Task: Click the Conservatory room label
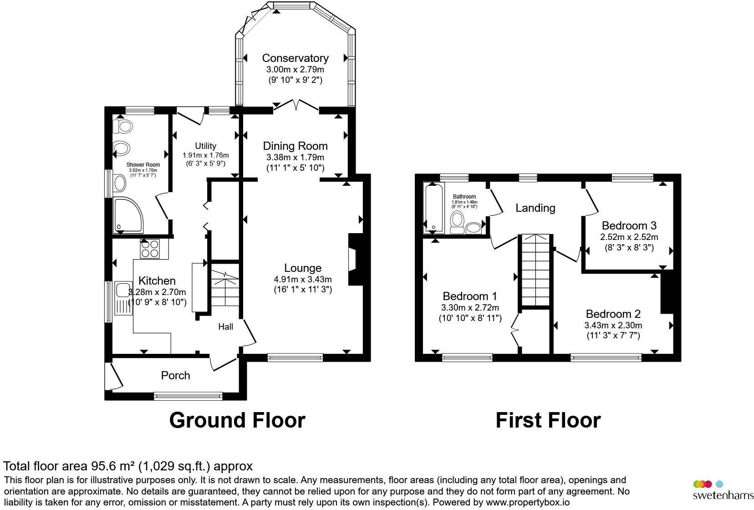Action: (x=295, y=58)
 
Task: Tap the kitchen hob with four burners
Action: (x=150, y=249)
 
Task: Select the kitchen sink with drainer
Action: (x=123, y=298)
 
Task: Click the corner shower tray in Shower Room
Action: (x=128, y=215)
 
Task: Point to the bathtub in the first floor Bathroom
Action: (x=434, y=208)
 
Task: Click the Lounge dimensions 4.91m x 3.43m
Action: (x=303, y=280)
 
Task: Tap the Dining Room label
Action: (x=295, y=146)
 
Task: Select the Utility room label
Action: (x=206, y=146)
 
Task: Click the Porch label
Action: (x=175, y=375)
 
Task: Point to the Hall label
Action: (x=225, y=326)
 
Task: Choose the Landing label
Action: (x=535, y=208)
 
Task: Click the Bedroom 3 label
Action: (x=629, y=225)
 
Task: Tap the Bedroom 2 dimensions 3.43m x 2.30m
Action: (x=613, y=326)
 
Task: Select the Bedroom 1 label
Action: (x=470, y=296)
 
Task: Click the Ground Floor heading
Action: (x=237, y=420)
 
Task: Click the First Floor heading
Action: (x=548, y=420)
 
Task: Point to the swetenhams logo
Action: (x=723, y=490)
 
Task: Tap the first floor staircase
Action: (x=535, y=270)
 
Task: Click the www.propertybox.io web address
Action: (x=528, y=503)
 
